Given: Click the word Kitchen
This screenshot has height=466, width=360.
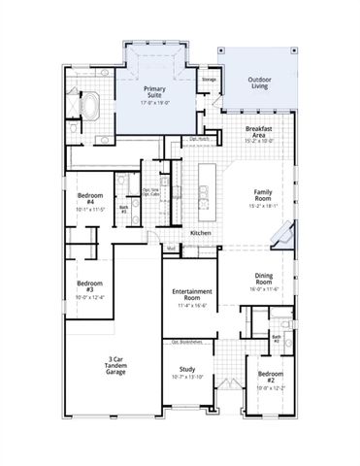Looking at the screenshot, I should (x=201, y=233).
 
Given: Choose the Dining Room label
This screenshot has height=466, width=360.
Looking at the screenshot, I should (x=264, y=279).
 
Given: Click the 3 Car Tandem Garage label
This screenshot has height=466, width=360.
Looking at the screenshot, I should (x=115, y=368).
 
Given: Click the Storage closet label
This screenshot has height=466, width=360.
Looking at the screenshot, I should (x=209, y=79).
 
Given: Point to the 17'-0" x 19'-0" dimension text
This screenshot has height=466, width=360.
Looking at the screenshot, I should (x=155, y=101).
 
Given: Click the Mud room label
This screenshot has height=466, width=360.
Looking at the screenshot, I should (x=170, y=248).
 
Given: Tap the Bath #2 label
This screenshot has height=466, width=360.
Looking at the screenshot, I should (x=277, y=339).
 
